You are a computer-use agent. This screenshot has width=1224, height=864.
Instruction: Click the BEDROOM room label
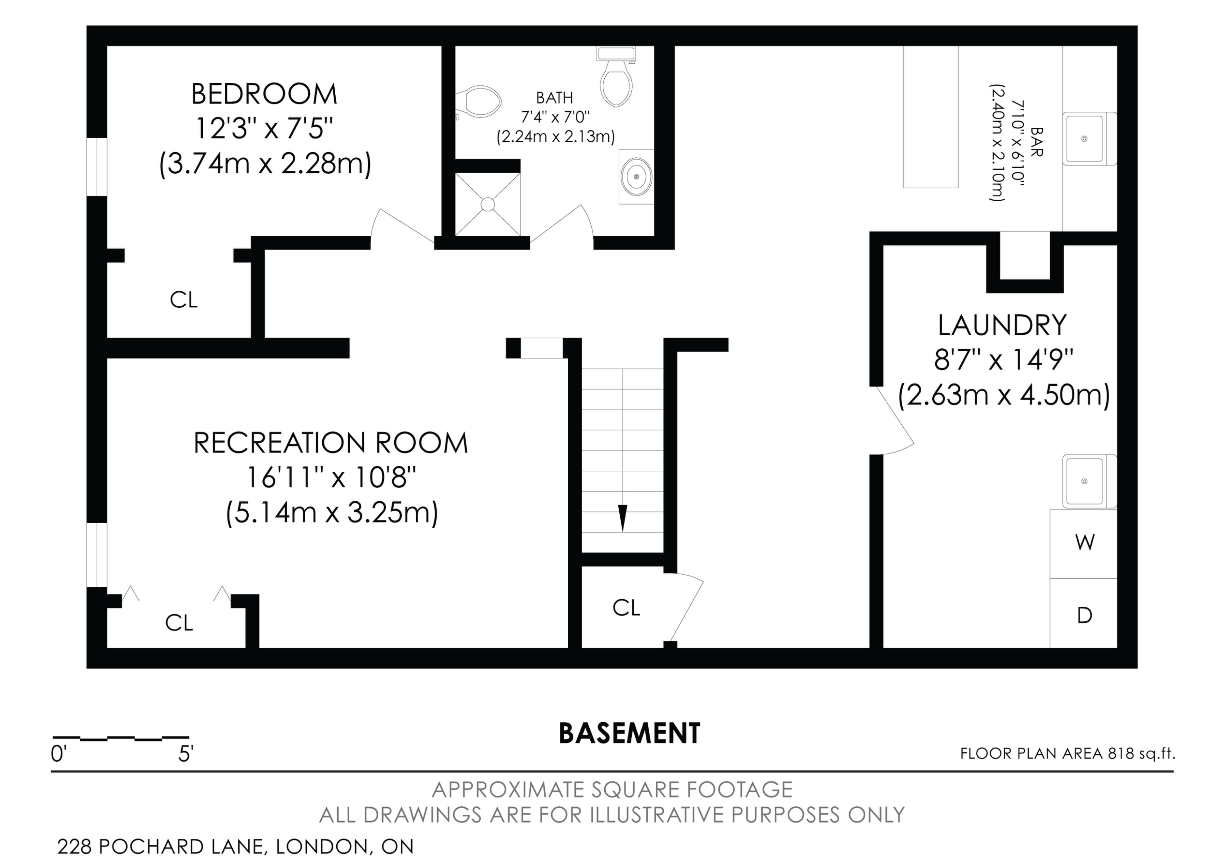coord(265,94)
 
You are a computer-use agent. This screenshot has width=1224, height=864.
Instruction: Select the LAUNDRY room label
coord(1002,325)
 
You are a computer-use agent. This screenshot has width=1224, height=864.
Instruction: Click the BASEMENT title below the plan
coord(629,733)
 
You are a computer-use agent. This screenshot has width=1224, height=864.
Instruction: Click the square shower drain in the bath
coord(488,204)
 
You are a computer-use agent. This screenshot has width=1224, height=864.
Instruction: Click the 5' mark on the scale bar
coord(185,754)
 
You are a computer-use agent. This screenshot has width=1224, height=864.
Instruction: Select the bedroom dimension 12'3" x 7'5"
coord(265,128)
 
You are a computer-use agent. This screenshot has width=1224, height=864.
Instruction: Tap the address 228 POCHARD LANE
coord(160,846)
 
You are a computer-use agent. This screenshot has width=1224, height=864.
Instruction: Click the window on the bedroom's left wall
coord(97,167)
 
